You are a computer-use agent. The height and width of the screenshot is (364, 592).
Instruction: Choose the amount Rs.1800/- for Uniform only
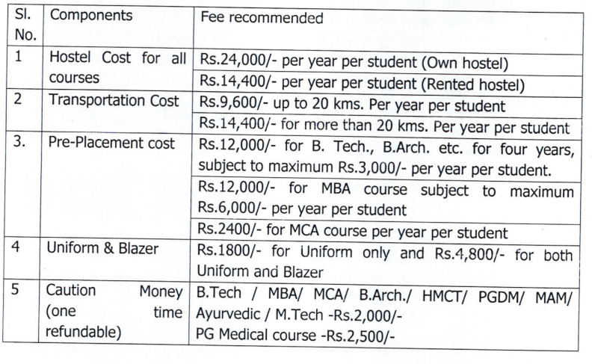click(x=226, y=249)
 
